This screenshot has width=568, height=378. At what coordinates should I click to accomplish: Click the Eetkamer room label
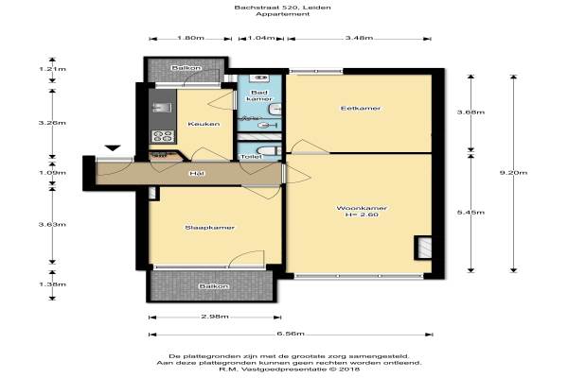click(x=361, y=108)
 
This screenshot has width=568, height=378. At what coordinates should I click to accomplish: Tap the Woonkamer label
click(x=362, y=208)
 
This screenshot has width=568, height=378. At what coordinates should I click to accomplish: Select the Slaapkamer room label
click(x=210, y=228)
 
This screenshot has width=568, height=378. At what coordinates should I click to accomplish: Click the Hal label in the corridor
click(x=197, y=174)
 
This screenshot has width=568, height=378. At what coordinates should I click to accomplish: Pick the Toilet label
click(x=251, y=157)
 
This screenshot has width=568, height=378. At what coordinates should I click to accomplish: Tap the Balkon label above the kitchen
click(x=186, y=68)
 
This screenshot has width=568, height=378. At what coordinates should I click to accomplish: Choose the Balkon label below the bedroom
click(x=214, y=286)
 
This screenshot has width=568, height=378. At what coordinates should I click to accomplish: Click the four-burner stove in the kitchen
click(x=163, y=136)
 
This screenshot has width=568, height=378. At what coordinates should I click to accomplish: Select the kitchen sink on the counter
click(x=162, y=108)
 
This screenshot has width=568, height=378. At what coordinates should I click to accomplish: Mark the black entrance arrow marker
click(x=113, y=147)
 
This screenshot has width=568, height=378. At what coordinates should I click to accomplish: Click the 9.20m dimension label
click(x=513, y=173)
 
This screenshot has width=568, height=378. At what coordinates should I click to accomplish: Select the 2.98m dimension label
click(x=215, y=317)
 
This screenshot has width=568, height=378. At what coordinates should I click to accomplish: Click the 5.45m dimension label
click(x=470, y=213)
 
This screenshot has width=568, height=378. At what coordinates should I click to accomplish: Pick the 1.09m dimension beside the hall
click(x=52, y=173)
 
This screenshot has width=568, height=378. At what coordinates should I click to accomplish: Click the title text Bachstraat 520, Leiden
click(x=282, y=8)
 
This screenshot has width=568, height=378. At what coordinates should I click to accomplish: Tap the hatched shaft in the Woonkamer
click(x=423, y=248)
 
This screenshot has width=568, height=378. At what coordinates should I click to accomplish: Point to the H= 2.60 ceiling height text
click(x=362, y=215)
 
